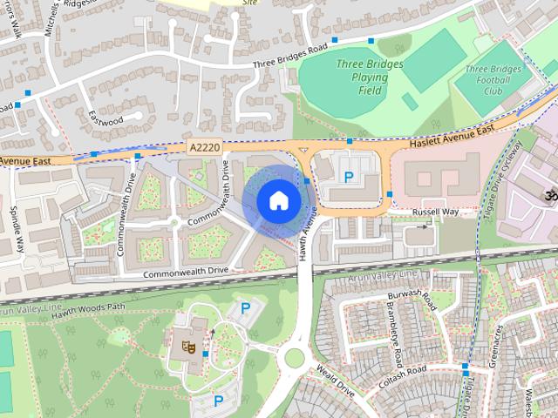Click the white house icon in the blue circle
[277, 201]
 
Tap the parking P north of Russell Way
[349, 178]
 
